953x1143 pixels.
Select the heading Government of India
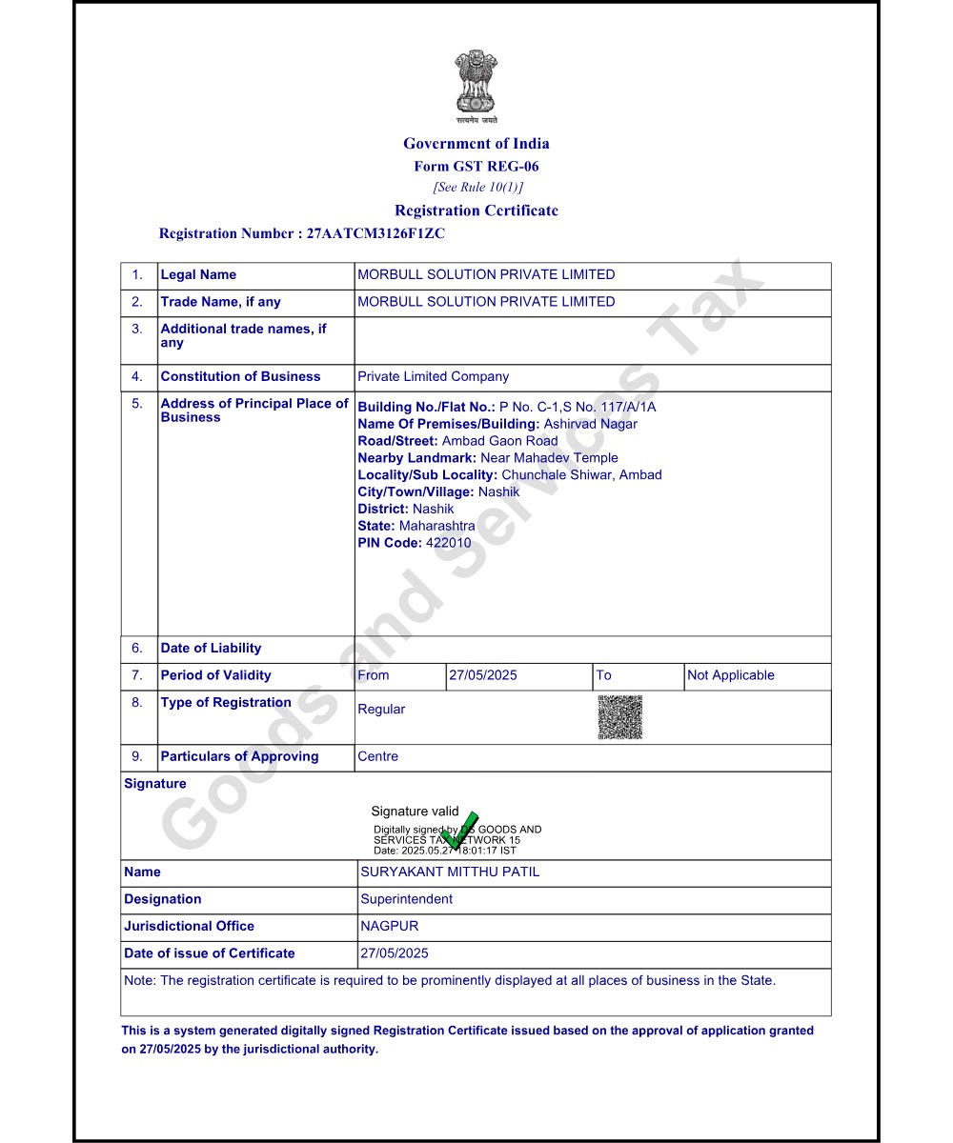pos(476,144)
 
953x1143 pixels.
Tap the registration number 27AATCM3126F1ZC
pos(375,233)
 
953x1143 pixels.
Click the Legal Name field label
pos(198,275)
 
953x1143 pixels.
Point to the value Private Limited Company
pos(433,377)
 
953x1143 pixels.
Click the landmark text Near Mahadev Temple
pos(549,458)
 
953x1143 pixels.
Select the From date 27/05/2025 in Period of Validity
pos(482,675)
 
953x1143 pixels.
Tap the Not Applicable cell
pos(730,675)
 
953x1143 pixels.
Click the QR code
pos(619,717)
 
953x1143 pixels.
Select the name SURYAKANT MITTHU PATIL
pos(450,872)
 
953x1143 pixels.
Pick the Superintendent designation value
pos(406,899)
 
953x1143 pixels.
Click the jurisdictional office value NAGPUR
pos(389,927)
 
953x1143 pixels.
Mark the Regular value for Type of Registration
pos(381,710)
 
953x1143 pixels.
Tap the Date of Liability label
pos(211,649)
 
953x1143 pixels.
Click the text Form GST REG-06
pos(476,167)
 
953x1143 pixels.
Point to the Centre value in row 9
pos(377,757)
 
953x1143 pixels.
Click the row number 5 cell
pos(138,404)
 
